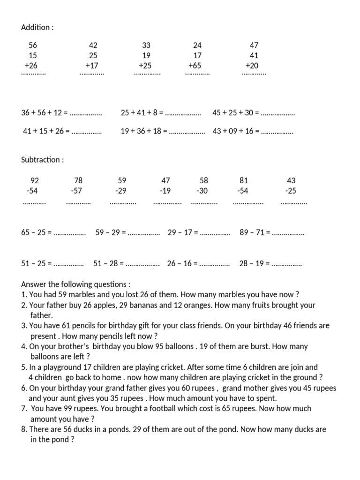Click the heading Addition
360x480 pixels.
point(37,27)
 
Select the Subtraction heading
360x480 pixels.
point(42,160)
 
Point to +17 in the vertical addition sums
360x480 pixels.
point(92,66)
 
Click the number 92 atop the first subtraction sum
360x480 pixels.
point(35,180)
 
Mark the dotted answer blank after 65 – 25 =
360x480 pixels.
point(70,233)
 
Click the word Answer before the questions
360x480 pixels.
point(34,285)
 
